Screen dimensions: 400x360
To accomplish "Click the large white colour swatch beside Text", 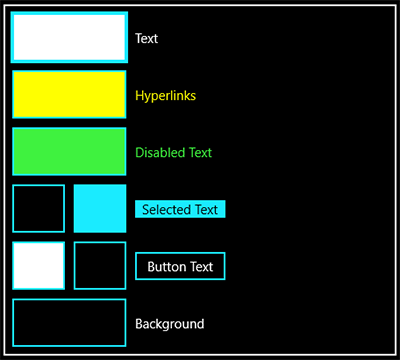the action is [x=69, y=37].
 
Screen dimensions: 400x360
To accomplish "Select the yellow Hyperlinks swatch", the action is [x=69, y=94].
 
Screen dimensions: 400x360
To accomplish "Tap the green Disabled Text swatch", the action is [x=69, y=151].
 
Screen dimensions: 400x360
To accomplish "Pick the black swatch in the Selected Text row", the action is [x=39, y=208].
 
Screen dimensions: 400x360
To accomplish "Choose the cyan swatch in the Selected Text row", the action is [x=100, y=208].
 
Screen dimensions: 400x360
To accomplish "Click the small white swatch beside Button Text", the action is [x=39, y=266].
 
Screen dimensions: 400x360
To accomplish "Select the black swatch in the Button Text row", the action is [x=100, y=266].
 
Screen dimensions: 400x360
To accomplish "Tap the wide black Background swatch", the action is [x=69, y=323].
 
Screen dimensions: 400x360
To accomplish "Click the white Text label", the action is [x=147, y=39].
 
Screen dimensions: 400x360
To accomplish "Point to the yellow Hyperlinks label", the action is [x=166, y=96].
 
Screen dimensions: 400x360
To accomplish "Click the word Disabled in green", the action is [x=160, y=153].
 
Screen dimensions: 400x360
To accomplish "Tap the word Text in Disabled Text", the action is [x=200, y=153].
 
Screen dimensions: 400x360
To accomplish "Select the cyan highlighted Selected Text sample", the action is [x=180, y=209].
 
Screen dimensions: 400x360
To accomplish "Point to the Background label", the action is [x=170, y=324].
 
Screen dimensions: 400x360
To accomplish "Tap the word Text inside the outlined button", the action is [x=201, y=267].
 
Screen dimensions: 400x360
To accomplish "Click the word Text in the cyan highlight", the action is [x=206, y=210].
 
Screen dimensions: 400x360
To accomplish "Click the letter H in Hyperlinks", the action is [x=139, y=95].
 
